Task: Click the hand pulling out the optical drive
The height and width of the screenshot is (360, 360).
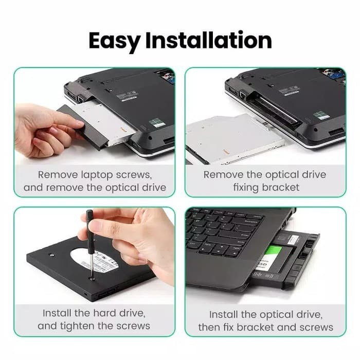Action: click(44, 129)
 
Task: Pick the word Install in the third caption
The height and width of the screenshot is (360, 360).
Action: click(60, 313)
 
